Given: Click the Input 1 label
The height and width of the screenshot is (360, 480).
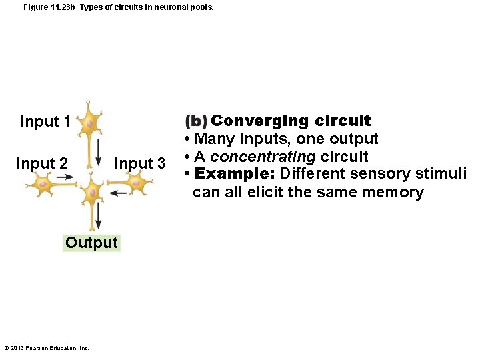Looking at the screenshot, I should (x=45, y=121).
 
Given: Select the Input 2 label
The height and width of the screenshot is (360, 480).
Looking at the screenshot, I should (x=41, y=163).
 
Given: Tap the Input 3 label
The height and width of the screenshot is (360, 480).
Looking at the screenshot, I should (x=140, y=163).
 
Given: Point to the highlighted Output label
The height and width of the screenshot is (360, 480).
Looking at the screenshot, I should (x=92, y=243).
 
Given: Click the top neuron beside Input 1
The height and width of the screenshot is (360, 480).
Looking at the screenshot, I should (x=89, y=123).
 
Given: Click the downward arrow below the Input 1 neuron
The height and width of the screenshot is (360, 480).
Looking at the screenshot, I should (x=99, y=153).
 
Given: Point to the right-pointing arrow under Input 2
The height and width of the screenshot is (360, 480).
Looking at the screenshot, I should (x=65, y=177).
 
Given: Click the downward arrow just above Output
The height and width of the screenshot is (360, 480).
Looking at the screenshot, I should (x=99, y=216).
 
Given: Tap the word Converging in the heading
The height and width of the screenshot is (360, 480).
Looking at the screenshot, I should (x=259, y=121).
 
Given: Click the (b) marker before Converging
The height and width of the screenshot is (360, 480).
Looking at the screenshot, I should (x=196, y=121).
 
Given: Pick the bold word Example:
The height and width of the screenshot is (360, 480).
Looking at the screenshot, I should (x=235, y=174).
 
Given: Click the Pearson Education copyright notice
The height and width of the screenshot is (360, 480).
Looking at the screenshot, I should (x=47, y=348).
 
